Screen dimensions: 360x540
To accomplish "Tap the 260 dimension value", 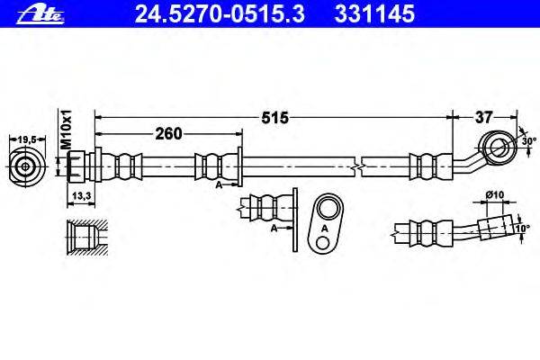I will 168,134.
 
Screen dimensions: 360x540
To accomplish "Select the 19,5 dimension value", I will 28,138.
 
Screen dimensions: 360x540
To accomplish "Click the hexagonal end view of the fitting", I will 27,166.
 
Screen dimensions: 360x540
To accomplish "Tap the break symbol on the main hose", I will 360,166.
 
